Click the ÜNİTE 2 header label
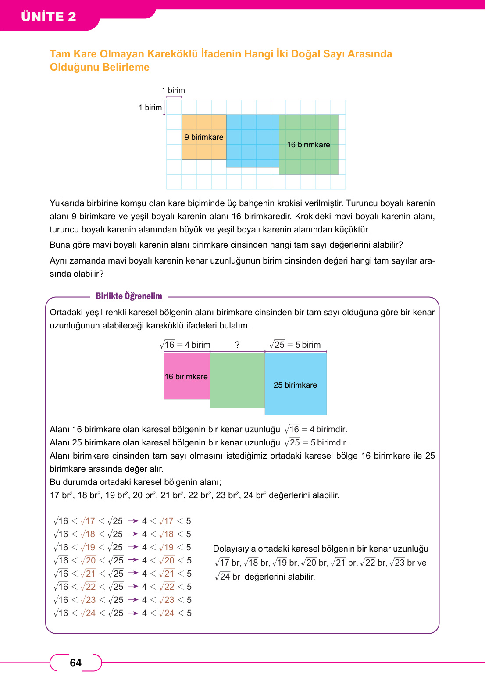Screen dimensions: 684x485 [x=49, y=17]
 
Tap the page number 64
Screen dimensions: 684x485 [x=75, y=663]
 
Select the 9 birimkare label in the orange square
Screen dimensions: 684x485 [x=204, y=137]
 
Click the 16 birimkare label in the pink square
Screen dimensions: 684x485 [x=186, y=377]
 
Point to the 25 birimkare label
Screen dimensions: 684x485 [x=295, y=385]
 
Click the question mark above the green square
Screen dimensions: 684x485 [x=237, y=345]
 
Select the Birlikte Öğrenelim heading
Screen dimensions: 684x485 [x=129, y=296]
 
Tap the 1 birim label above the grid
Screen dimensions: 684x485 [x=173, y=90]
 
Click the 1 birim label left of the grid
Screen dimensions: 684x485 [x=150, y=107]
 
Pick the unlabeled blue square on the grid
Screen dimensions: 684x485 [x=253, y=141]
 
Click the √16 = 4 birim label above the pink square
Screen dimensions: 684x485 [x=185, y=345]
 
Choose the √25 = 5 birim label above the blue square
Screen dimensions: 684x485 [x=295, y=345]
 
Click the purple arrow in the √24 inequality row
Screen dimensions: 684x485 [x=133, y=613]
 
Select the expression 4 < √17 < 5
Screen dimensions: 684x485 [x=167, y=521]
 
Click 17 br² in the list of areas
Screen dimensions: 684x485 [x=61, y=495]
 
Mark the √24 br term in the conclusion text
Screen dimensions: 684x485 [x=228, y=577]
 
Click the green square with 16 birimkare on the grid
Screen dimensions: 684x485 [x=309, y=145]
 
